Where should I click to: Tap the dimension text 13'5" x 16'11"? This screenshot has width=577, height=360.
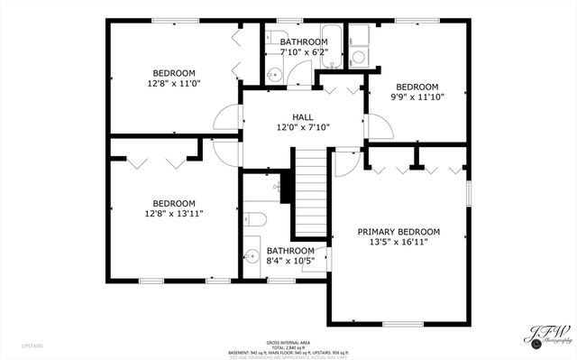[x=398, y=242]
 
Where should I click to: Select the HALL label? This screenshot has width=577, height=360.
[x=303, y=117]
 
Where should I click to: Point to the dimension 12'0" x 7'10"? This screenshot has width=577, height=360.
[x=303, y=128]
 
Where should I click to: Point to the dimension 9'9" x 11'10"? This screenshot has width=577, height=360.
[x=417, y=98]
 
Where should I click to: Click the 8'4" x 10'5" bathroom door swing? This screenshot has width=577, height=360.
[x=318, y=259]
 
